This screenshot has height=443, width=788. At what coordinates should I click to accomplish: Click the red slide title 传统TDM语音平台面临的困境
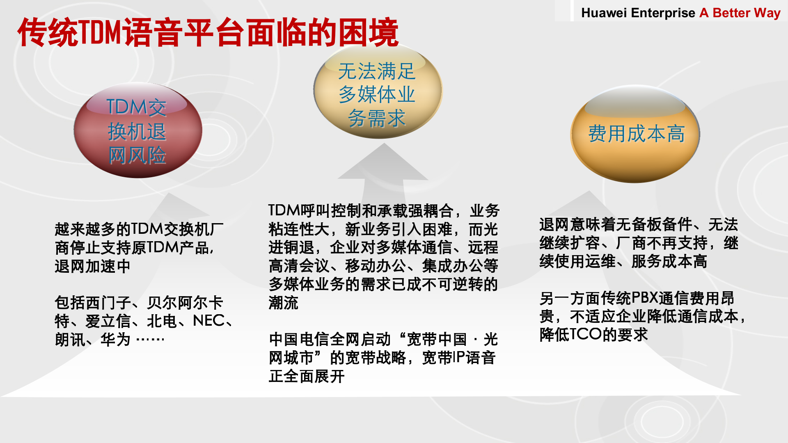click(208, 32)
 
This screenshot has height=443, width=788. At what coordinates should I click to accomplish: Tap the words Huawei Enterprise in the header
click(638, 13)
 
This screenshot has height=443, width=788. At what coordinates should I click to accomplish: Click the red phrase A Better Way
click(740, 13)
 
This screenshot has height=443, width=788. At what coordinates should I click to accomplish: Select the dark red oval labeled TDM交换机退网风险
click(137, 130)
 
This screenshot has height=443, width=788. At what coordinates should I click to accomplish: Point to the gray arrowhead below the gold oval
click(383, 162)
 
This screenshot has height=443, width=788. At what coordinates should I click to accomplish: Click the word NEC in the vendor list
click(208, 321)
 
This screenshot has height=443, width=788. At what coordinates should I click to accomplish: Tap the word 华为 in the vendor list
click(115, 340)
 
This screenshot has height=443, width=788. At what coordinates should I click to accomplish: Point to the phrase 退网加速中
click(92, 266)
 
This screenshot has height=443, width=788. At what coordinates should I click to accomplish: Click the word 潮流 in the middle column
click(283, 303)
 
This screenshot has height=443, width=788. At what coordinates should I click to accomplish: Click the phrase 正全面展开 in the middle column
click(307, 376)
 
